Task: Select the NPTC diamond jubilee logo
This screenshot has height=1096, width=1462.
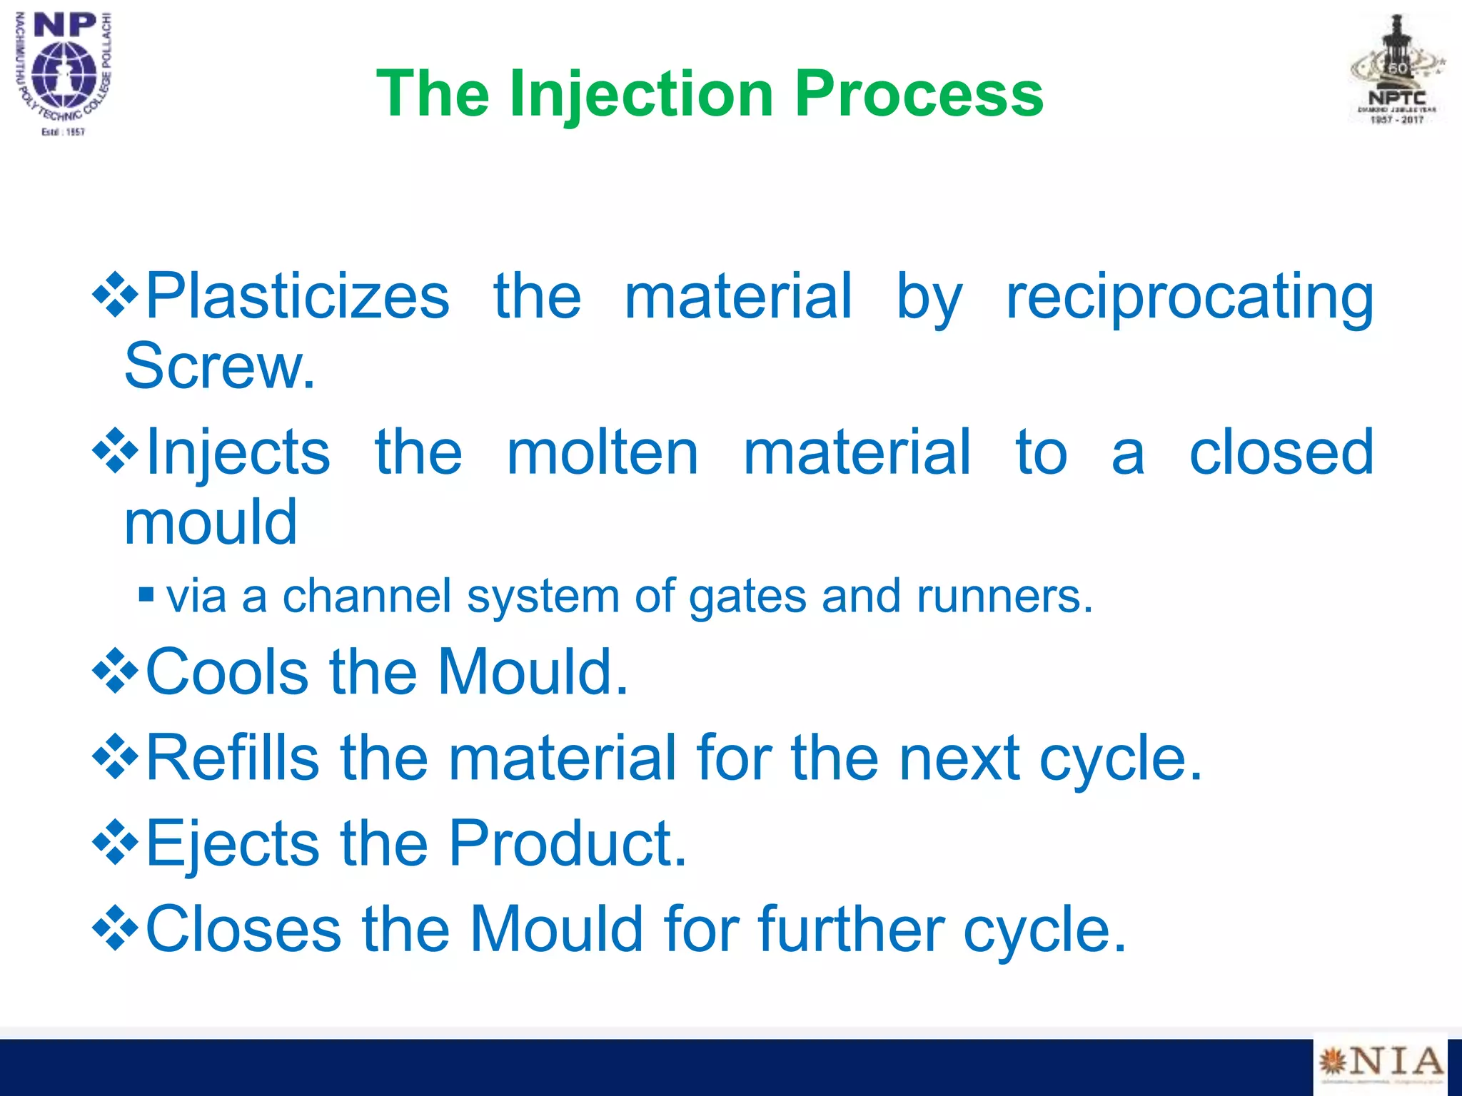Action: pyautogui.click(x=1396, y=71)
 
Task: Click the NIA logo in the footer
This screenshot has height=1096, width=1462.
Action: pyautogui.click(x=1379, y=1064)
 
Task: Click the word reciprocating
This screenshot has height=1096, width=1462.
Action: pyautogui.click(x=1189, y=297)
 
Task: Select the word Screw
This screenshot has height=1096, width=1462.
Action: pyautogui.click(x=219, y=366)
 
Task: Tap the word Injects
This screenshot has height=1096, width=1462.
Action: pyautogui.click(x=238, y=452)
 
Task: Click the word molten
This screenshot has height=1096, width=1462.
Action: pyautogui.click(x=603, y=452)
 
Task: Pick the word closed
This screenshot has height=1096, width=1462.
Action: pyautogui.click(x=1281, y=452)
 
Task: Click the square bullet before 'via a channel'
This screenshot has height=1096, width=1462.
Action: pyautogui.click(x=146, y=594)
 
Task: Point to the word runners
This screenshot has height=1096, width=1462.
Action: pyautogui.click(x=1004, y=596)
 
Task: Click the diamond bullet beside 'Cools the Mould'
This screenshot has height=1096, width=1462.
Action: pyautogui.click(x=115, y=671)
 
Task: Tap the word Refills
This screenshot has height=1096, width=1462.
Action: pyautogui.click(x=232, y=758)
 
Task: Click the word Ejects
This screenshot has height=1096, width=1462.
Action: pyautogui.click(x=232, y=843)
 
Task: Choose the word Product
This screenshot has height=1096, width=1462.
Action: pyautogui.click(x=567, y=843)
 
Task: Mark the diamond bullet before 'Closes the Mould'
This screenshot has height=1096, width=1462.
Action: pyautogui.click(x=115, y=929)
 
